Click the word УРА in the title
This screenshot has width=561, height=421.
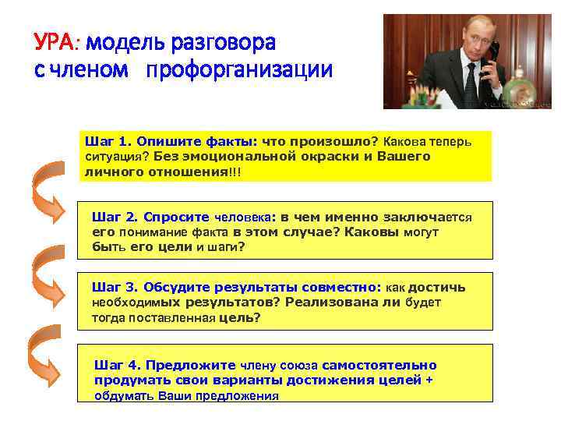(x=56, y=41)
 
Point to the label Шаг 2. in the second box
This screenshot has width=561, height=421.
(x=115, y=218)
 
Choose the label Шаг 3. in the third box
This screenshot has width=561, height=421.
(x=115, y=288)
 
